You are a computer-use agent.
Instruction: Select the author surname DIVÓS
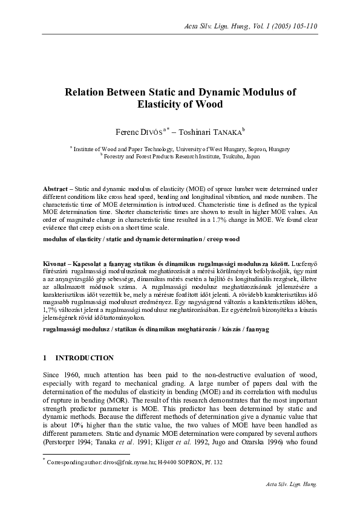click(147, 131)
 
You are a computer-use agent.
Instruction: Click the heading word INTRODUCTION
click(87, 358)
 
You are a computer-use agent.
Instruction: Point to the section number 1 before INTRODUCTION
click(45, 358)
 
